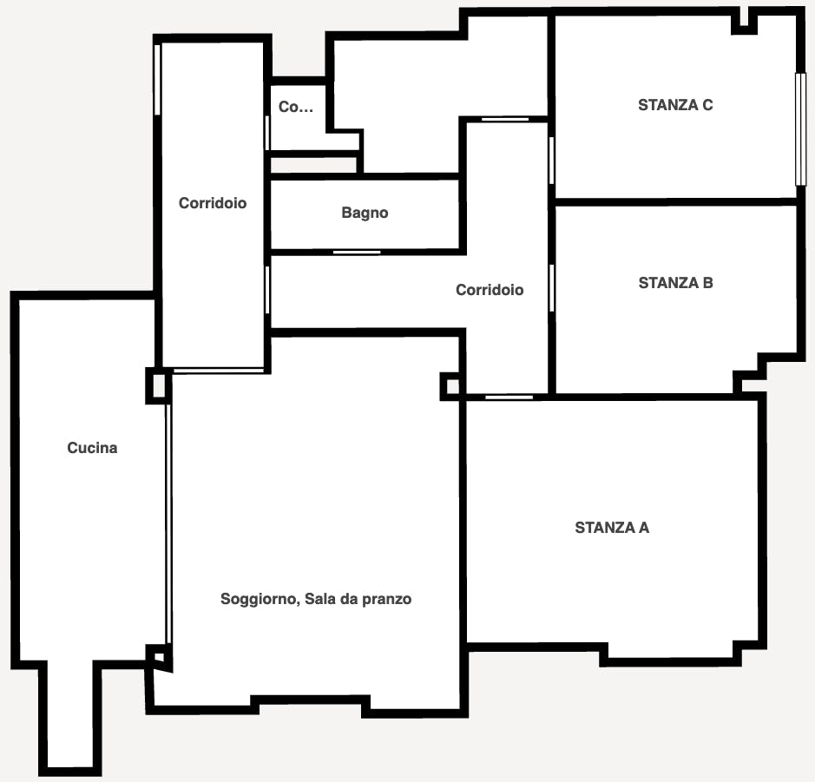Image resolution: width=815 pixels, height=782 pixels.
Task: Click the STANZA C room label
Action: pos(675,105)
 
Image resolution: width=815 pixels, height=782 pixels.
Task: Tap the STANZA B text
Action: pos(675,283)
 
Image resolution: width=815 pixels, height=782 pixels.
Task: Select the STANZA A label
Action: pos(612,528)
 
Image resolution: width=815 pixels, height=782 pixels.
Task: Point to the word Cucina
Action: pos(92,448)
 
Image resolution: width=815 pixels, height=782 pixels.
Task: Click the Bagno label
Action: pos(365,213)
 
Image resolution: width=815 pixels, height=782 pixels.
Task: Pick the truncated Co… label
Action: pos(295,108)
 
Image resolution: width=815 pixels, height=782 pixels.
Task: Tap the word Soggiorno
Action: pos(258,599)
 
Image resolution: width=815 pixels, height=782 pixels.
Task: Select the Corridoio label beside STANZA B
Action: pos(490,290)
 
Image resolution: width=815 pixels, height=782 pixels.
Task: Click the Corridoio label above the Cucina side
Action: pos(213,203)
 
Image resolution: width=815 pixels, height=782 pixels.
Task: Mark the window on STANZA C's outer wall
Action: pos(800,128)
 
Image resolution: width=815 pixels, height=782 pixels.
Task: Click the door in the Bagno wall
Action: pos(357,253)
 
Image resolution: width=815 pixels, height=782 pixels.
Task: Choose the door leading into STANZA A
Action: pos(509,397)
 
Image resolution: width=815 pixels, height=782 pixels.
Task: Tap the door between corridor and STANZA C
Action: pos(551,160)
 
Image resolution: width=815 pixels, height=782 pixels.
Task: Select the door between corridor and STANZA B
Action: pos(551,286)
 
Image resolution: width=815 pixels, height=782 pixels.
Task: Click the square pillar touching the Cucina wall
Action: pos(157,385)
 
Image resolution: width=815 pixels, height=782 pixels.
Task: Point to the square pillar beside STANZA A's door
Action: pos(450,385)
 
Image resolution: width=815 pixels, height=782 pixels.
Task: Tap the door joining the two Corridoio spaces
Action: pos(267,290)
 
